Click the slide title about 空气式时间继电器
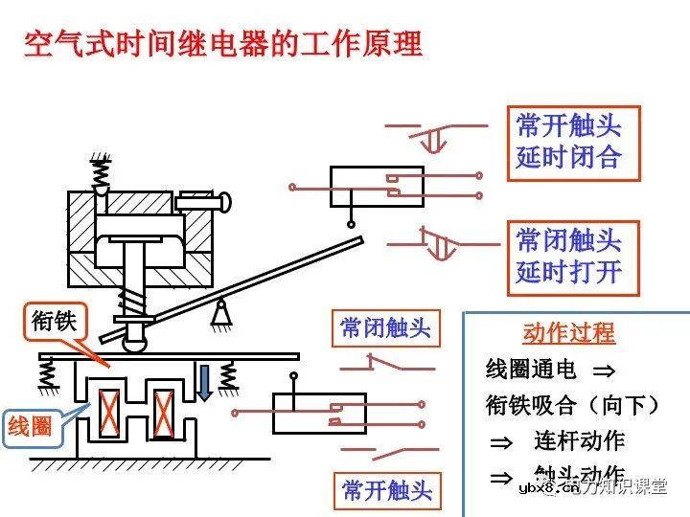[x=223, y=44]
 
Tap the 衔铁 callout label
[x=54, y=322]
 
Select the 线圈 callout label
[x=31, y=425]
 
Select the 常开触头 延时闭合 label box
[x=568, y=141]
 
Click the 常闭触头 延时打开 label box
[x=568, y=255]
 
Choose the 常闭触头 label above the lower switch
[x=385, y=328]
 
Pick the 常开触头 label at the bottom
[x=386, y=490]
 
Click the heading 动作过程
[x=568, y=333]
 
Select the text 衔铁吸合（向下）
[x=573, y=405]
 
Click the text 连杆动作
[x=579, y=440]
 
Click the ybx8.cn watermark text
[x=548, y=488]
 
